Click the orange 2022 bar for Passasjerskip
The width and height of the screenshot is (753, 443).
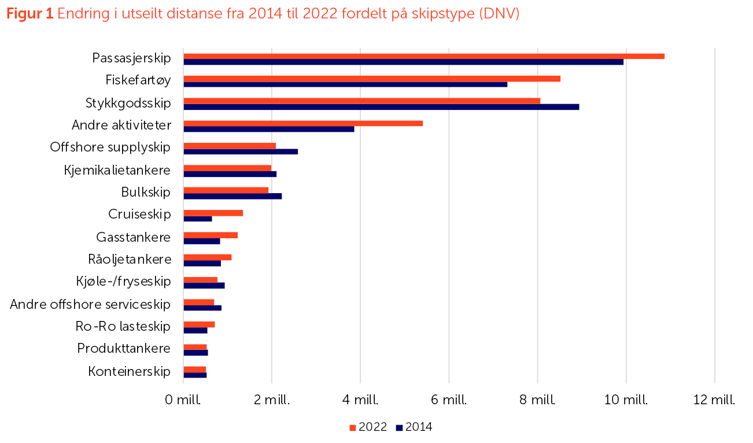coord(423,56)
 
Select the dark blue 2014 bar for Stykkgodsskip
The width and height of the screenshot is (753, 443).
coord(381,107)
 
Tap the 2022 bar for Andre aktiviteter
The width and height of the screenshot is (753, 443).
coord(303,123)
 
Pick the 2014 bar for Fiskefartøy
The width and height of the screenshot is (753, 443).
coord(345,84)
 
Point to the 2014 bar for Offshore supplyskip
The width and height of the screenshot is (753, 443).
coord(241,152)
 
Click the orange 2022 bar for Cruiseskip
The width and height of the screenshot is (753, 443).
coord(213,213)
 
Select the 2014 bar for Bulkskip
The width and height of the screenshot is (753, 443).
coord(232,196)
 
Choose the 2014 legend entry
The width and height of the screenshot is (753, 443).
coord(414,428)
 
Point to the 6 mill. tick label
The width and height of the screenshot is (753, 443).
coord(449,400)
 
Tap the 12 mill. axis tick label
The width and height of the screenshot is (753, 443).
coord(714,400)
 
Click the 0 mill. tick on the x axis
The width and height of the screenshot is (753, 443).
coord(183,400)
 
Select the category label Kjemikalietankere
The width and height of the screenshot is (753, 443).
coord(117,170)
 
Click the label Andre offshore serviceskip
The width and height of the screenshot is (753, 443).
coord(90,304)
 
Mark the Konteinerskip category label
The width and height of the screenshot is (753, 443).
coord(130,371)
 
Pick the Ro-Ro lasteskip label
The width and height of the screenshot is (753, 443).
coord(123,327)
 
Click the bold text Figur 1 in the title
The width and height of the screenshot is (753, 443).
coord(29,14)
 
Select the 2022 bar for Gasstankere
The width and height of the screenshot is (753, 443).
coord(211,235)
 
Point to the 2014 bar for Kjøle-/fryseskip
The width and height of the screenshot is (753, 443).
coord(204,286)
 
